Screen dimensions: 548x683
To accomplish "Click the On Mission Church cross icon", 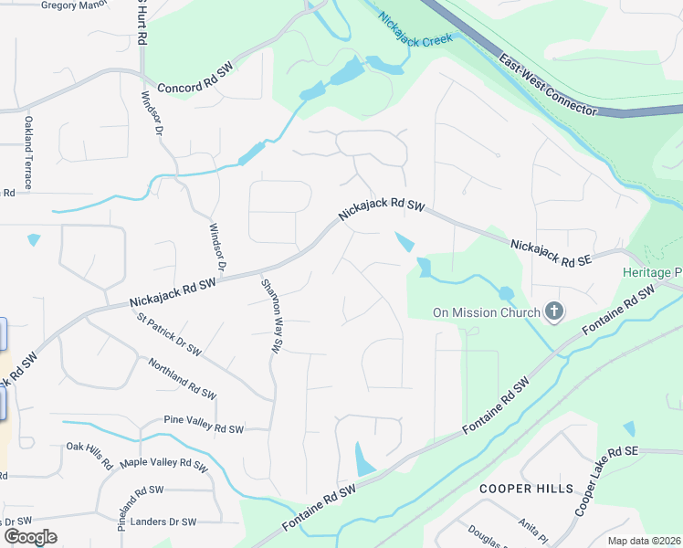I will [553, 313].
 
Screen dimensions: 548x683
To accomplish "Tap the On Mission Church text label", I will [486, 312].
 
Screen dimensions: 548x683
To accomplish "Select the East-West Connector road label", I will [547, 85].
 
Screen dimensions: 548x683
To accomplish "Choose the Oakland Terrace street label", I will [29, 153].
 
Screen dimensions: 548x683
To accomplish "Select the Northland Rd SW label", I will [182, 379].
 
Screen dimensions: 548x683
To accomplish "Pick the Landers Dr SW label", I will [163, 522].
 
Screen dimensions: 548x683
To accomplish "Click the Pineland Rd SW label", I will [128, 508].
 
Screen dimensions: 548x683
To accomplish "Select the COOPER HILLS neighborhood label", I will [527, 489].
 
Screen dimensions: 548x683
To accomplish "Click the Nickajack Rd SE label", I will [552, 253].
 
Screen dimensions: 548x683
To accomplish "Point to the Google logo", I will [30, 537].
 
